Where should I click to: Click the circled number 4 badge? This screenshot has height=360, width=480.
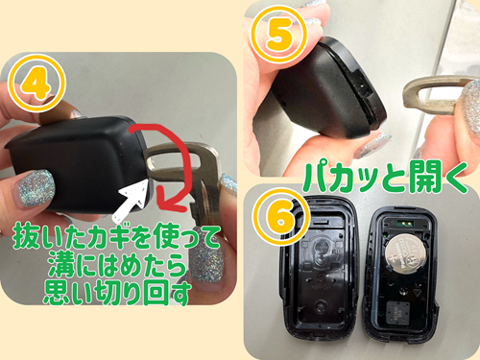pyautogui.click(x=37, y=84)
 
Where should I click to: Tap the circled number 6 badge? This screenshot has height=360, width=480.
pyautogui.click(x=280, y=216)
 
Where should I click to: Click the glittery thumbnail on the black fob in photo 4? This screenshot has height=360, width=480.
pyautogui.click(x=36, y=189)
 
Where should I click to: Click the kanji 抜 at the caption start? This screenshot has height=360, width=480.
pyautogui.click(x=27, y=236)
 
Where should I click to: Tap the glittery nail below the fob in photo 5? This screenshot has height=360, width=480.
pyautogui.click(x=372, y=146)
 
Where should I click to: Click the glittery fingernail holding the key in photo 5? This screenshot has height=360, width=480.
pyautogui.click(x=470, y=104)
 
